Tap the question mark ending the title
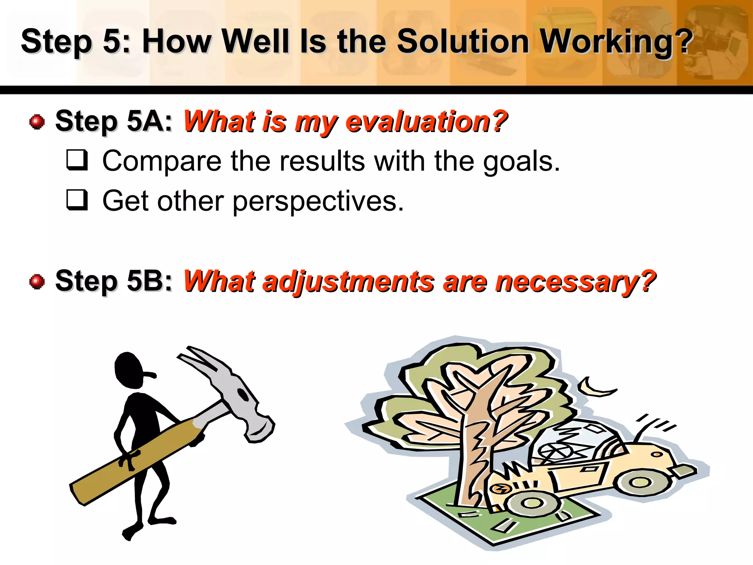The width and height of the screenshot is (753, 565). (x=685, y=41)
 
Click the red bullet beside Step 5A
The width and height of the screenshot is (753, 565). (x=37, y=122)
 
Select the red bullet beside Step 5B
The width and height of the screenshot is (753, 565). (x=37, y=282)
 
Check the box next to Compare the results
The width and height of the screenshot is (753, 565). (x=77, y=160)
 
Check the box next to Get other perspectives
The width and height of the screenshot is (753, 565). (x=77, y=200)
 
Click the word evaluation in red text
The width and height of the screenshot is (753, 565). (x=427, y=122)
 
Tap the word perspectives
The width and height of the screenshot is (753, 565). (x=318, y=202)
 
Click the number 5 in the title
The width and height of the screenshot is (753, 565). (x=110, y=41)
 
